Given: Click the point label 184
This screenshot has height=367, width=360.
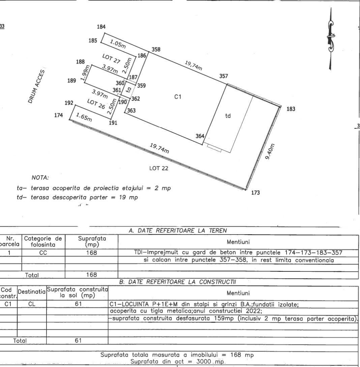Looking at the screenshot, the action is (101, 27).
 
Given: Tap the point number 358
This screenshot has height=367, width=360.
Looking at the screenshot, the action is (156, 49).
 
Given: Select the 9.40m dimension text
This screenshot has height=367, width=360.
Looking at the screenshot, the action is (270, 152).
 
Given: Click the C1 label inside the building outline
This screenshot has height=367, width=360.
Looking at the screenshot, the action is (178, 97).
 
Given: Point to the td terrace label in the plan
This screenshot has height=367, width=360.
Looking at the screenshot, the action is (228, 115).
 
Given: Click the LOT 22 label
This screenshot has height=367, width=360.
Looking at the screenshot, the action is (159, 168).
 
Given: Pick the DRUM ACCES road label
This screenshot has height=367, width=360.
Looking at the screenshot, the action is (36, 87).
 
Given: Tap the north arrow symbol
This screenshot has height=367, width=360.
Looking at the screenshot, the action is (331, 39).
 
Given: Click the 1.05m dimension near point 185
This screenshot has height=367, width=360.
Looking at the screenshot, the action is (118, 44).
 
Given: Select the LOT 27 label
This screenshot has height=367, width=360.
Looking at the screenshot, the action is (111, 59).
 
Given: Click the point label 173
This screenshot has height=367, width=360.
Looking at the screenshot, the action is (256, 193).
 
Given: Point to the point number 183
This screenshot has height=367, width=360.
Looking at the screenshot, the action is (291, 109).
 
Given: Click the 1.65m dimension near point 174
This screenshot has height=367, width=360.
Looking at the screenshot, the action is (84, 118).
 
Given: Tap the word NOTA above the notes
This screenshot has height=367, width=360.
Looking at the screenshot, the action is (40, 178).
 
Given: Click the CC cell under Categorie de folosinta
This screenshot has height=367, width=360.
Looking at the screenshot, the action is (43, 253).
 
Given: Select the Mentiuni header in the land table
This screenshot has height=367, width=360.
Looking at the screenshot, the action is (238, 242).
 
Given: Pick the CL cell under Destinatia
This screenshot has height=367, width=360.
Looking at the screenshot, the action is (32, 304).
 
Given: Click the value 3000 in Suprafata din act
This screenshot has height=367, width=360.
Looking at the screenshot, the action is (204, 361).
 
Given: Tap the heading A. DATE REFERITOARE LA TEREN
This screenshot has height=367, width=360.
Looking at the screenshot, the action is (178, 231).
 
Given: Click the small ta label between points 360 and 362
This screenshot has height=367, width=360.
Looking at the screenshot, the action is (128, 89).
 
